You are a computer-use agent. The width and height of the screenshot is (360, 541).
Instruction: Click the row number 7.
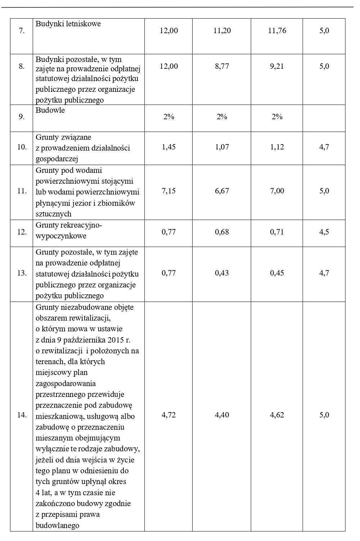22,31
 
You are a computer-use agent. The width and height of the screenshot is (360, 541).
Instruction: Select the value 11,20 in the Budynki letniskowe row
222,31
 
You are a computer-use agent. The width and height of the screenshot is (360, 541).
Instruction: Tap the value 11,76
277,31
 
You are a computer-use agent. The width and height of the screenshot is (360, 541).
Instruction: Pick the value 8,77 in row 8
222,66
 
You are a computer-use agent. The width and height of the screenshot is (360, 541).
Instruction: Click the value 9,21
277,66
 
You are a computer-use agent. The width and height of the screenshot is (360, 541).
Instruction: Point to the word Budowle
50,111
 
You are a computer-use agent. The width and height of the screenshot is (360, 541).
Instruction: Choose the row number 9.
22,117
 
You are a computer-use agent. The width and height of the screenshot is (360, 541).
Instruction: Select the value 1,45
168,147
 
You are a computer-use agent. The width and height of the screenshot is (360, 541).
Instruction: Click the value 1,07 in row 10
222,147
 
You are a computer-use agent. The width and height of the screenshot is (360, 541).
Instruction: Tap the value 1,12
277,147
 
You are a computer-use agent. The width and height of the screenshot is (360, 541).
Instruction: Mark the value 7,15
168,191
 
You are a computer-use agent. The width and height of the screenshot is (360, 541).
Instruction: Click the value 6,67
222,191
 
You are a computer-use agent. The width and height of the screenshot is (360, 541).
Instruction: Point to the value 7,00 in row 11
277,191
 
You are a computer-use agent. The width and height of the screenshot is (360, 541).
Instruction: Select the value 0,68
222,232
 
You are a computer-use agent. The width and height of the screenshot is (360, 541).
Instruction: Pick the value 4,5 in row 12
324,232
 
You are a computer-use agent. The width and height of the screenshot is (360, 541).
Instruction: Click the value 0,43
222,273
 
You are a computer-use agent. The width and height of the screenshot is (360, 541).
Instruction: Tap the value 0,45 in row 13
277,273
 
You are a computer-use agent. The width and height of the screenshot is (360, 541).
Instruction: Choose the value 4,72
168,415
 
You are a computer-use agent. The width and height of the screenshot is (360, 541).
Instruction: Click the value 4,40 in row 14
222,415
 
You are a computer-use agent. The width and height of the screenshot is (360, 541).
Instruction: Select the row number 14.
22,415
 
